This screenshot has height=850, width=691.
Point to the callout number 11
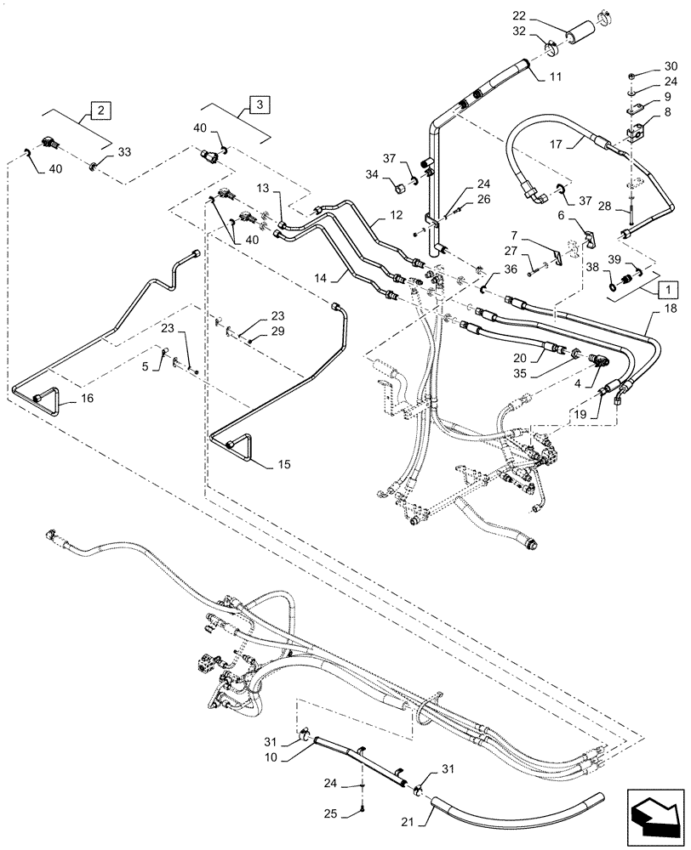(554, 76)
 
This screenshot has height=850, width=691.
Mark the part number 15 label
(283, 465)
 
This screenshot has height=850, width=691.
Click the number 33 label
(124, 151)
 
